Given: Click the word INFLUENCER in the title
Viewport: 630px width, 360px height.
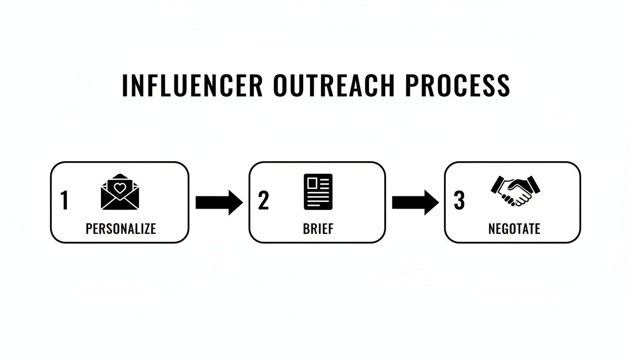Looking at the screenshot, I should [192, 85].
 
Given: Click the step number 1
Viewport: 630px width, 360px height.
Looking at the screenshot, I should [65, 201].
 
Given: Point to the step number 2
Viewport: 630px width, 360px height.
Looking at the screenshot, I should [263, 201].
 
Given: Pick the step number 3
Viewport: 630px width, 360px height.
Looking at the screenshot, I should [459, 201].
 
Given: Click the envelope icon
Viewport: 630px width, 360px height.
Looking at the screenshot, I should [120, 192].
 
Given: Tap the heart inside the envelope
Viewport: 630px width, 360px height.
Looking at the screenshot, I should [120, 188].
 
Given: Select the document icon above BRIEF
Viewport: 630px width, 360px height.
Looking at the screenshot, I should [318, 192].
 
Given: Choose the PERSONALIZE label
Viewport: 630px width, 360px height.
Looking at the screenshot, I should [120, 229].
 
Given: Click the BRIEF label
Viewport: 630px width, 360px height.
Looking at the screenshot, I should [318, 229].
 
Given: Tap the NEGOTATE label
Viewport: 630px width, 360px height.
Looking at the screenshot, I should [514, 229].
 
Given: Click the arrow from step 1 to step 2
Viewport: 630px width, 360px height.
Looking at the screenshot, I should [219, 202].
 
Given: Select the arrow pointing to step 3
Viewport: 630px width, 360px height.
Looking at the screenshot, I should [415, 202].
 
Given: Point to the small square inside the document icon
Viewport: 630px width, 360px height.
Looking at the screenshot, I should [311, 182].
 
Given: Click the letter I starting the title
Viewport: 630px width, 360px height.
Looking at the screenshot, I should [125, 85].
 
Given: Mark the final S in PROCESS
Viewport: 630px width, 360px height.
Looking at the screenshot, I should [503, 85].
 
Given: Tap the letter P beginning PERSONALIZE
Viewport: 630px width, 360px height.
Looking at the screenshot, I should [89, 229].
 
